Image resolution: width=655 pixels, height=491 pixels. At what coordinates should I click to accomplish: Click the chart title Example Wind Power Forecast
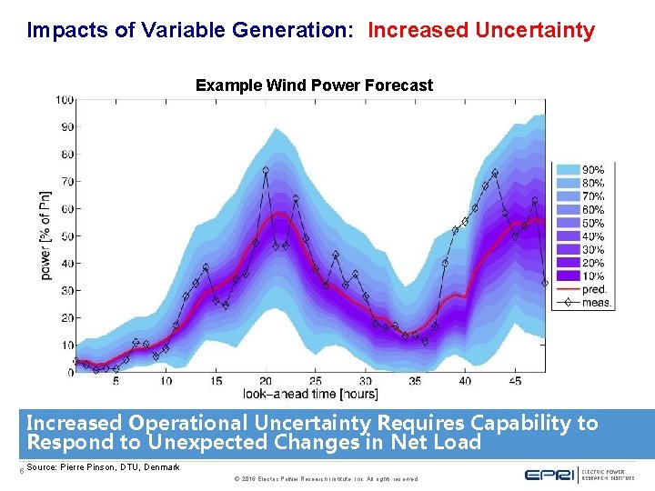click(x=314, y=85)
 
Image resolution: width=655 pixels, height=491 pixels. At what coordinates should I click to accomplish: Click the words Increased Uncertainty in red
click(x=480, y=30)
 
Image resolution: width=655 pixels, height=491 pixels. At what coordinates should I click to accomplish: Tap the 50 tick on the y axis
click(x=67, y=236)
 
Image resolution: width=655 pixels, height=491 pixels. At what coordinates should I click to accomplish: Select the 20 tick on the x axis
click(x=266, y=381)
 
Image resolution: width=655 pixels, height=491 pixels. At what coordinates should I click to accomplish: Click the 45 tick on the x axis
click(x=515, y=381)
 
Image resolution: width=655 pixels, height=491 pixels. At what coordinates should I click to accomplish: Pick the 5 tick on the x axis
click(x=116, y=381)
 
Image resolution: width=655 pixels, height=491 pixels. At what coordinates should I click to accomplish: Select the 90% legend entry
click(x=592, y=169)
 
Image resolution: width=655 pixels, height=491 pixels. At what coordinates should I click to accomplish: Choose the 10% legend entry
click(x=592, y=276)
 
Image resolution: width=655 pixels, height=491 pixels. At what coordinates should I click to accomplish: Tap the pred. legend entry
click(x=593, y=290)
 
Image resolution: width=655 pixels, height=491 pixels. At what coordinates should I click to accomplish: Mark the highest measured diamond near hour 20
click(x=266, y=170)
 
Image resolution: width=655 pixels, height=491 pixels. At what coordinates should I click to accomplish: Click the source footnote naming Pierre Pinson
click(x=104, y=467)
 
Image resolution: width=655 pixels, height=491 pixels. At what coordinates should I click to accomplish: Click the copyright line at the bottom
click(x=326, y=478)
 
